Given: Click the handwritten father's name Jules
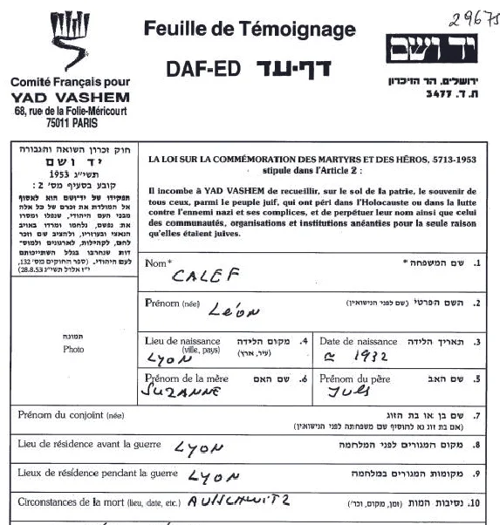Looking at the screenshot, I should [x=350, y=392].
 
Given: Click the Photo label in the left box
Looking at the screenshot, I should [x=73, y=349].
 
